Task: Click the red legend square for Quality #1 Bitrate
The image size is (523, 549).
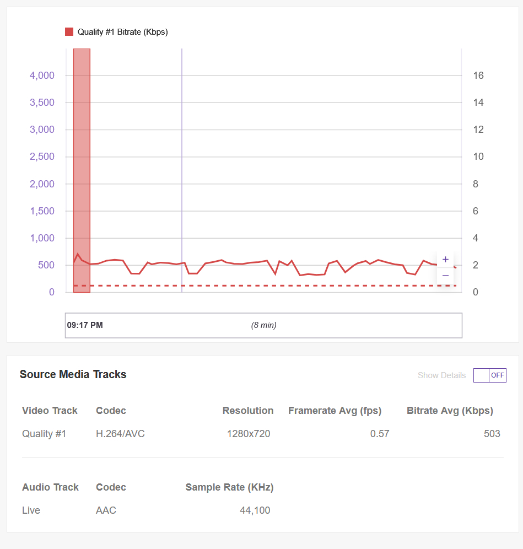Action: tap(69, 32)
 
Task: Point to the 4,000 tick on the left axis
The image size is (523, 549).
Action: tap(42, 76)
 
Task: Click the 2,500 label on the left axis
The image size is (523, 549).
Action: tap(42, 157)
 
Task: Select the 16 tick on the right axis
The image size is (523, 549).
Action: tap(478, 76)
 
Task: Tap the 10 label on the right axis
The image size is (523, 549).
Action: tap(478, 157)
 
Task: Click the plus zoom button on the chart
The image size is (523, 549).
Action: tap(445, 260)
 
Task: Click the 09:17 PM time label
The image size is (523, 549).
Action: tap(85, 325)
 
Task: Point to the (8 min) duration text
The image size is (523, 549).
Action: tap(264, 325)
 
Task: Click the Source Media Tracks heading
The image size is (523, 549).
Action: tap(73, 374)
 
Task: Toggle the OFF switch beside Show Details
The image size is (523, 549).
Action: tap(490, 375)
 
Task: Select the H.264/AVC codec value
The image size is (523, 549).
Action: tap(120, 434)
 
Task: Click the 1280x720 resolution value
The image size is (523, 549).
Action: tap(249, 434)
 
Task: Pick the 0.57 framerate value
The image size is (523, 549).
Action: tap(380, 434)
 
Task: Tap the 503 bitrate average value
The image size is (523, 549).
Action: tap(492, 434)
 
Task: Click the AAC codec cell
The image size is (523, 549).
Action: tap(106, 510)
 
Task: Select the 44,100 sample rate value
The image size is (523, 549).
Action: tap(255, 510)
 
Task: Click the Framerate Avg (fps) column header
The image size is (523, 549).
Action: tap(335, 411)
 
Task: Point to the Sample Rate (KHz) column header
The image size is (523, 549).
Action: tap(229, 487)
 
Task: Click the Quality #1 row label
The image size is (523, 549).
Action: tap(44, 434)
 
